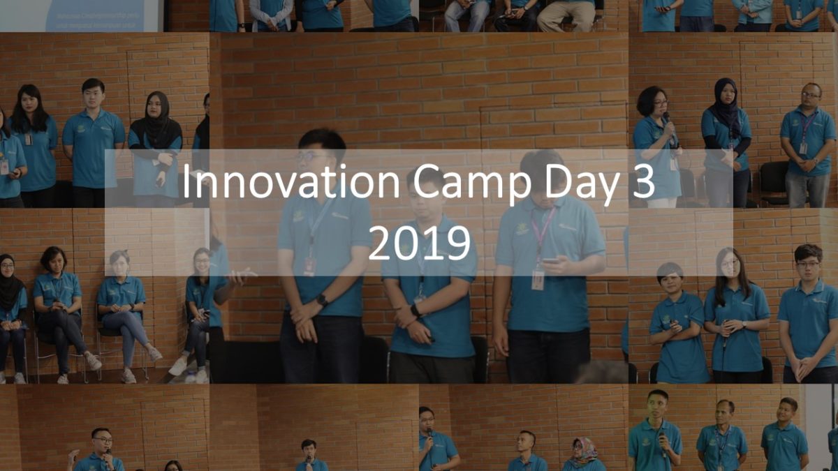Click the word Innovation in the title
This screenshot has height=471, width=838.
[291, 181]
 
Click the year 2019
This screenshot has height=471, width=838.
[419, 243]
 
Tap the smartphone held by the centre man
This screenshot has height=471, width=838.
[550, 260]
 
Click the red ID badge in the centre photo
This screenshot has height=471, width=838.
[309, 266]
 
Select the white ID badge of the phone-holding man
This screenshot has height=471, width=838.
[538, 280]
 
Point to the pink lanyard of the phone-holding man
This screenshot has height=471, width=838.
[543, 232]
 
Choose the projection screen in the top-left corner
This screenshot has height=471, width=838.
[80, 15]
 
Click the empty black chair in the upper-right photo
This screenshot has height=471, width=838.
[774, 183]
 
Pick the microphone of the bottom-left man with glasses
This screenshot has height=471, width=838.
[108, 454]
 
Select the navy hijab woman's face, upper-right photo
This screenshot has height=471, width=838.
[727, 96]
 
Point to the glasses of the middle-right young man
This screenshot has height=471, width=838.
[807, 264]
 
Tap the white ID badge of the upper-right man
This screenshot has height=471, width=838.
[803, 148]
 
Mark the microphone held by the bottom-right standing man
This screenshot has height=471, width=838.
[663, 443]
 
